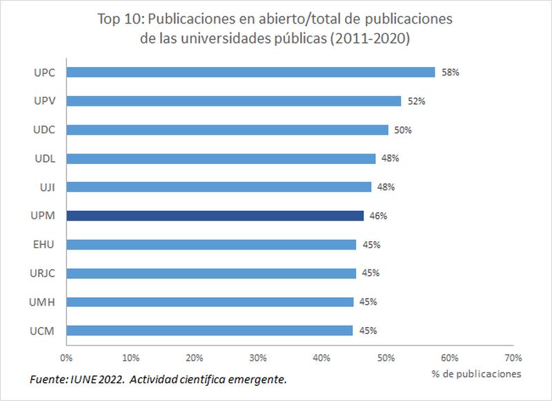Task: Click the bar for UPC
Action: pos(250,72)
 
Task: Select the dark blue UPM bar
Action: pos(215,216)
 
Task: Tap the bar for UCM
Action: pos(210,330)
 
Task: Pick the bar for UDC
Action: pos(227,129)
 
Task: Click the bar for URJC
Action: pos(211,273)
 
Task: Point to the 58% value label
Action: pos(451,72)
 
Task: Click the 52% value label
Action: pos(417,101)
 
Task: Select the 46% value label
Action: pos(378,216)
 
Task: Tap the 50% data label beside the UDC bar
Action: pos(403,129)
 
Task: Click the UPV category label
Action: pos(44,101)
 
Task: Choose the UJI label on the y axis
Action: pos(46,187)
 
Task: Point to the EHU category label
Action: pos(44,244)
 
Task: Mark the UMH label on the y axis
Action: pos(42,301)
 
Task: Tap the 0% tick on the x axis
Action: pos(66,357)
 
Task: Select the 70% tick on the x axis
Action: pos(513,357)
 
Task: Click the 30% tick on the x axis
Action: pos(258,357)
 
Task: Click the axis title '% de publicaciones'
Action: pos(477,374)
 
